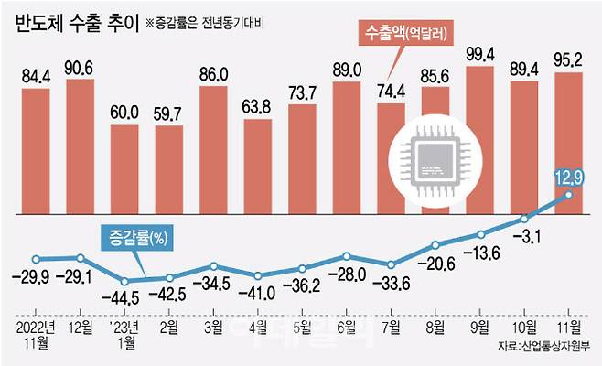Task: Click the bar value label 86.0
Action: [x=214, y=70]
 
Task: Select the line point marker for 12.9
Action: [x=569, y=194]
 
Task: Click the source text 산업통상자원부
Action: [x=555, y=348]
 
